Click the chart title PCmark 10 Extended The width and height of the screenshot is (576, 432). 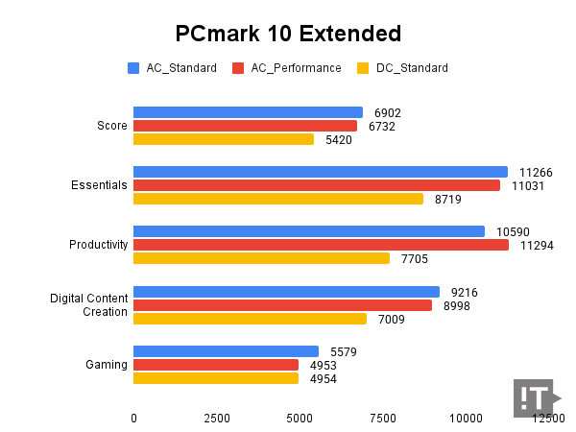(x=288, y=34)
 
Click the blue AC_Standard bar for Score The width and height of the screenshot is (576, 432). (x=248, y=112)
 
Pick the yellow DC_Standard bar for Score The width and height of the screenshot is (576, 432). (x=224, y=139)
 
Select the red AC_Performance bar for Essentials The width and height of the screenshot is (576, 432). (x=316, y=185)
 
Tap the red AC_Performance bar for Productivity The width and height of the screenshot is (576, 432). (x=321, y=245)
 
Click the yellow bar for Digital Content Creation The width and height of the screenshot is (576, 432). (x=250, y=319)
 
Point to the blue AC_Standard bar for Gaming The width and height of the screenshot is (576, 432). (x=226, y=351)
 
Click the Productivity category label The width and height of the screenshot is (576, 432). (x=99, y=245)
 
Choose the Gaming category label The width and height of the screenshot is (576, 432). (x=107, y=365)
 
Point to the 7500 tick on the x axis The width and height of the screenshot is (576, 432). (x=383, y=419)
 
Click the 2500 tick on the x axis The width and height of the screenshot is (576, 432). (x=217, y=419)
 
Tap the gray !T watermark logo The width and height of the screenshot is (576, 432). (x=534, y=396)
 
